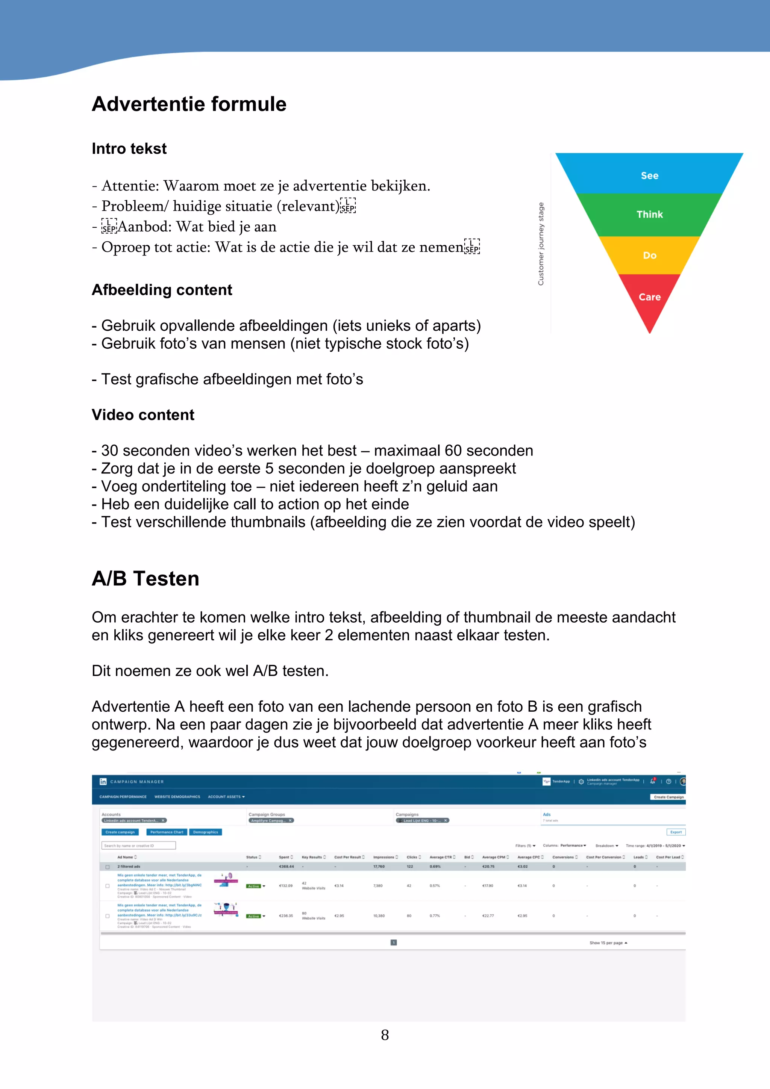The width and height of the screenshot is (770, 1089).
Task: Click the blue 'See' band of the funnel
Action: pos(649,175)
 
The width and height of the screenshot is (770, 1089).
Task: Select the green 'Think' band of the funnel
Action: pos(649,215)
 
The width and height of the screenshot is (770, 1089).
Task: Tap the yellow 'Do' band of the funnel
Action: pos(649,255)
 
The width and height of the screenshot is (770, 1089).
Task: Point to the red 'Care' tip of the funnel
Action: pos(649,297)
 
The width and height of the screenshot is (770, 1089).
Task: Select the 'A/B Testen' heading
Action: pos(145,579)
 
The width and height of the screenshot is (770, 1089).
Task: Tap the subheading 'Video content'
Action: pos(143,415)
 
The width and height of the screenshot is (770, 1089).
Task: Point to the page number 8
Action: pos(385,1035)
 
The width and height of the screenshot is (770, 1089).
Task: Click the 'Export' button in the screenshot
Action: pos(676,832)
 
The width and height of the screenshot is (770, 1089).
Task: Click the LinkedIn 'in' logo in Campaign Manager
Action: pos(103,782)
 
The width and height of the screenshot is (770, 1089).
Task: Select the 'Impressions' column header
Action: pos(383,857)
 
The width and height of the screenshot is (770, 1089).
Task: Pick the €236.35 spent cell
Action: pos(286,916)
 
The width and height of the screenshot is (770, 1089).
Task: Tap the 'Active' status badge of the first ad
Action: pos(254,886)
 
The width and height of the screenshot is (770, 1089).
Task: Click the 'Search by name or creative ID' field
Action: pos(138,845)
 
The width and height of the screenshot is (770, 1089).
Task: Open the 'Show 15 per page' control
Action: pos(608,943)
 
